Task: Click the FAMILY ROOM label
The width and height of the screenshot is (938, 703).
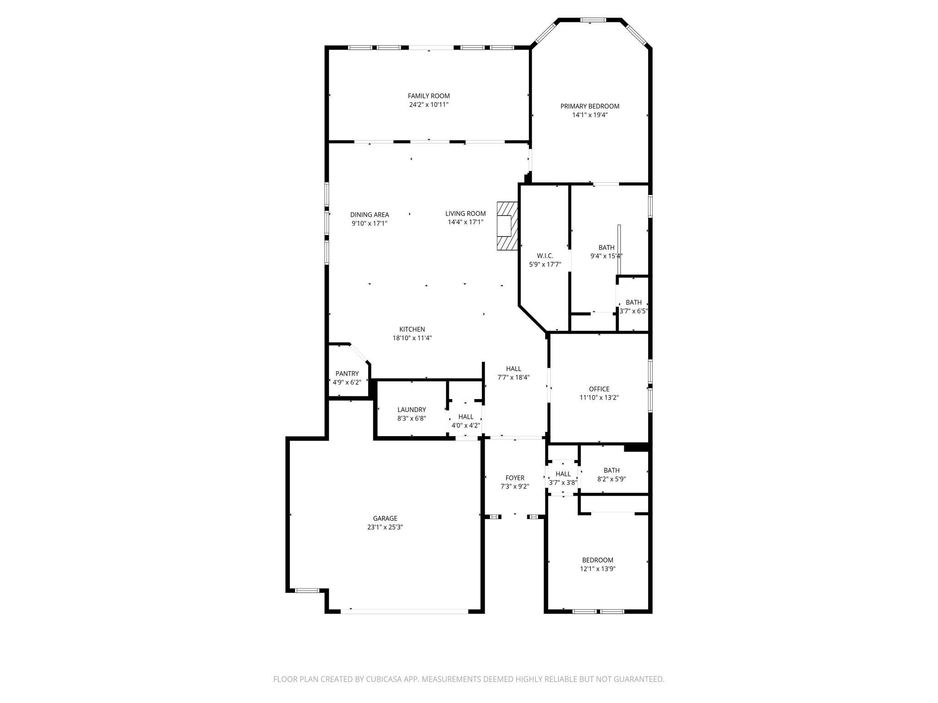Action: [x=429, y=96]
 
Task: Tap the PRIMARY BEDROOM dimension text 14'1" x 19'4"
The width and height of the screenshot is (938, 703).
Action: [x=589, y=115]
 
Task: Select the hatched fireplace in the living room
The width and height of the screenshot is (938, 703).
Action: [x=507, y=226]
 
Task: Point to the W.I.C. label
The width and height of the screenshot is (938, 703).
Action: [x=545, y=256]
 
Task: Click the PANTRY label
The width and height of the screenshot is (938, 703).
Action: [x=347, y=373]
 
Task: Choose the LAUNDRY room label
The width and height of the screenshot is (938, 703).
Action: [x=411, y=410]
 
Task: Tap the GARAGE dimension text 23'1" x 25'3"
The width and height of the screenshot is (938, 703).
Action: [x=385, y=527]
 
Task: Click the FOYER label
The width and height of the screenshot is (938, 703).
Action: [x=515, y=478]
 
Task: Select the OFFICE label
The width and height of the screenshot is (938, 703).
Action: [x=599, y=389]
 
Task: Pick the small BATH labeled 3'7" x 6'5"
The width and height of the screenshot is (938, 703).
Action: [x=633, y=307]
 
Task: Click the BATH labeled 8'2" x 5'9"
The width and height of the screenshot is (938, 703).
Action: [x=611, y=475]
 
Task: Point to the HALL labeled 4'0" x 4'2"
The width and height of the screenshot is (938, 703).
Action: [x=465, y=421]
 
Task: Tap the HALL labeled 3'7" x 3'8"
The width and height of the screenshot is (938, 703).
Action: [x=563, y=478]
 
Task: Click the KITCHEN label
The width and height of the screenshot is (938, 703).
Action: [x=412, y=329]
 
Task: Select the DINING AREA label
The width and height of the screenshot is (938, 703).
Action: [x=369, y=215]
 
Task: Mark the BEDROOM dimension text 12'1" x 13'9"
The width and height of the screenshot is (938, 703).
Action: [x=597, y=569]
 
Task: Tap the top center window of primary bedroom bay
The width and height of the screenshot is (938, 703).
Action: [x=593, y=20]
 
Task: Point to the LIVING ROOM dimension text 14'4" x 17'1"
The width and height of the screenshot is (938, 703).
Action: [x=465, y=222]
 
